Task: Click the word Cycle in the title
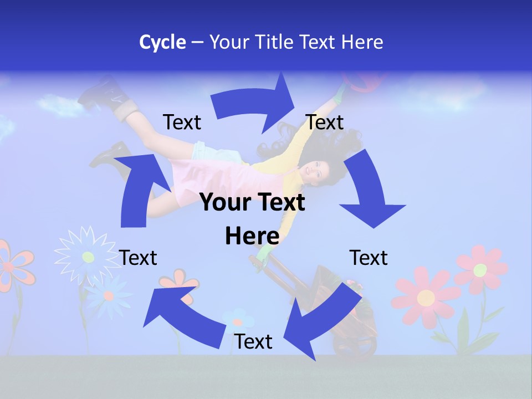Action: (162, 42)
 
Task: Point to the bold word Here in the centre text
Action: (252, 236)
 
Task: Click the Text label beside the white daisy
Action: (138, 258)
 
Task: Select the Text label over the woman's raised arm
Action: (325, 122)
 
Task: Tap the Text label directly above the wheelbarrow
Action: (369, 258)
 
